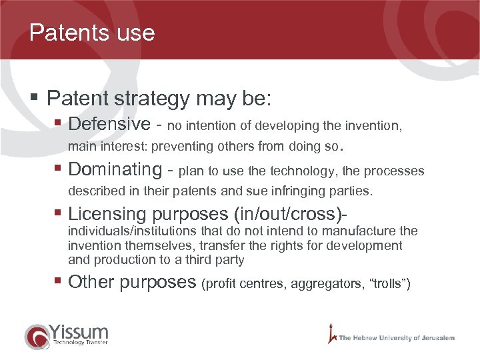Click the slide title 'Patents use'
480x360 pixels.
point(92,33)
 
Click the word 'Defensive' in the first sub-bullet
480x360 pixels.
point(109,125)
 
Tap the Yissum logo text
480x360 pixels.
point(79,331)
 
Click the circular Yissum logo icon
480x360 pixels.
point(36,337)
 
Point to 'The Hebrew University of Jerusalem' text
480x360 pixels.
point(397,338)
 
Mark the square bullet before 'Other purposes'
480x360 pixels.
point(59,282)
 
